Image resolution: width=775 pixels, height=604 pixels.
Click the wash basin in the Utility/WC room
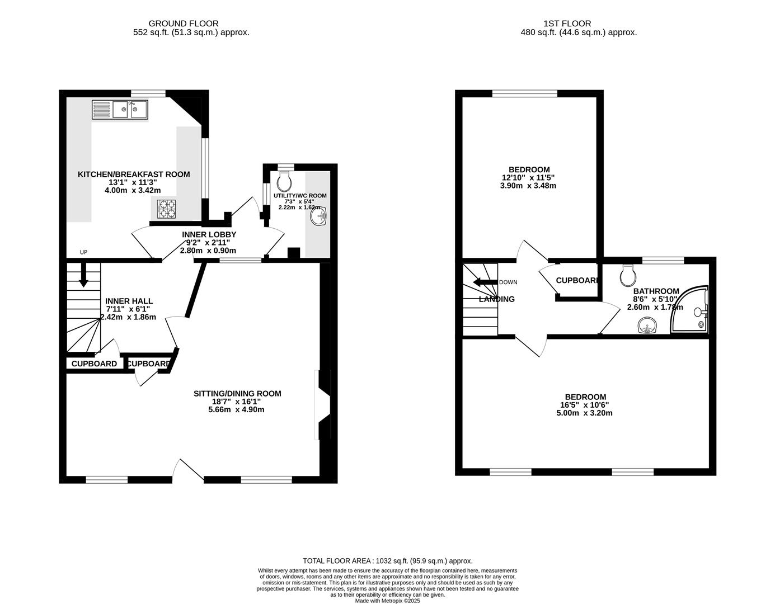coord(320,215)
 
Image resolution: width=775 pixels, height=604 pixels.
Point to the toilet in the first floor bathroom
coord(628,274)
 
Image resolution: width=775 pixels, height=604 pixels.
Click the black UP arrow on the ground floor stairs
coord(83,276)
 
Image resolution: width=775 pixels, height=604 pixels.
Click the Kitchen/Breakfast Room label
coord(133,174)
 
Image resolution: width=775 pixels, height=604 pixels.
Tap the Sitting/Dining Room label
coord(237,394)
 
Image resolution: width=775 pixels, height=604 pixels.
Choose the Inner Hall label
coord(129,301)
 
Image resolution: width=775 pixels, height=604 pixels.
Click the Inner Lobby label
coord(209,234)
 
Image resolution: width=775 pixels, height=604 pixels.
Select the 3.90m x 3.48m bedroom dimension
coord(528,186)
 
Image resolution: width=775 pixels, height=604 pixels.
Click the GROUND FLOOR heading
coord(183,23)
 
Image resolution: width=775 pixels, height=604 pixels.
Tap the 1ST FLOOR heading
coord(567,23)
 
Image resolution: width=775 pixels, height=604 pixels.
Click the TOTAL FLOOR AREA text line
coord(387,560)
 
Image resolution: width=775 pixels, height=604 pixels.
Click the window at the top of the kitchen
coord(148,93)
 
